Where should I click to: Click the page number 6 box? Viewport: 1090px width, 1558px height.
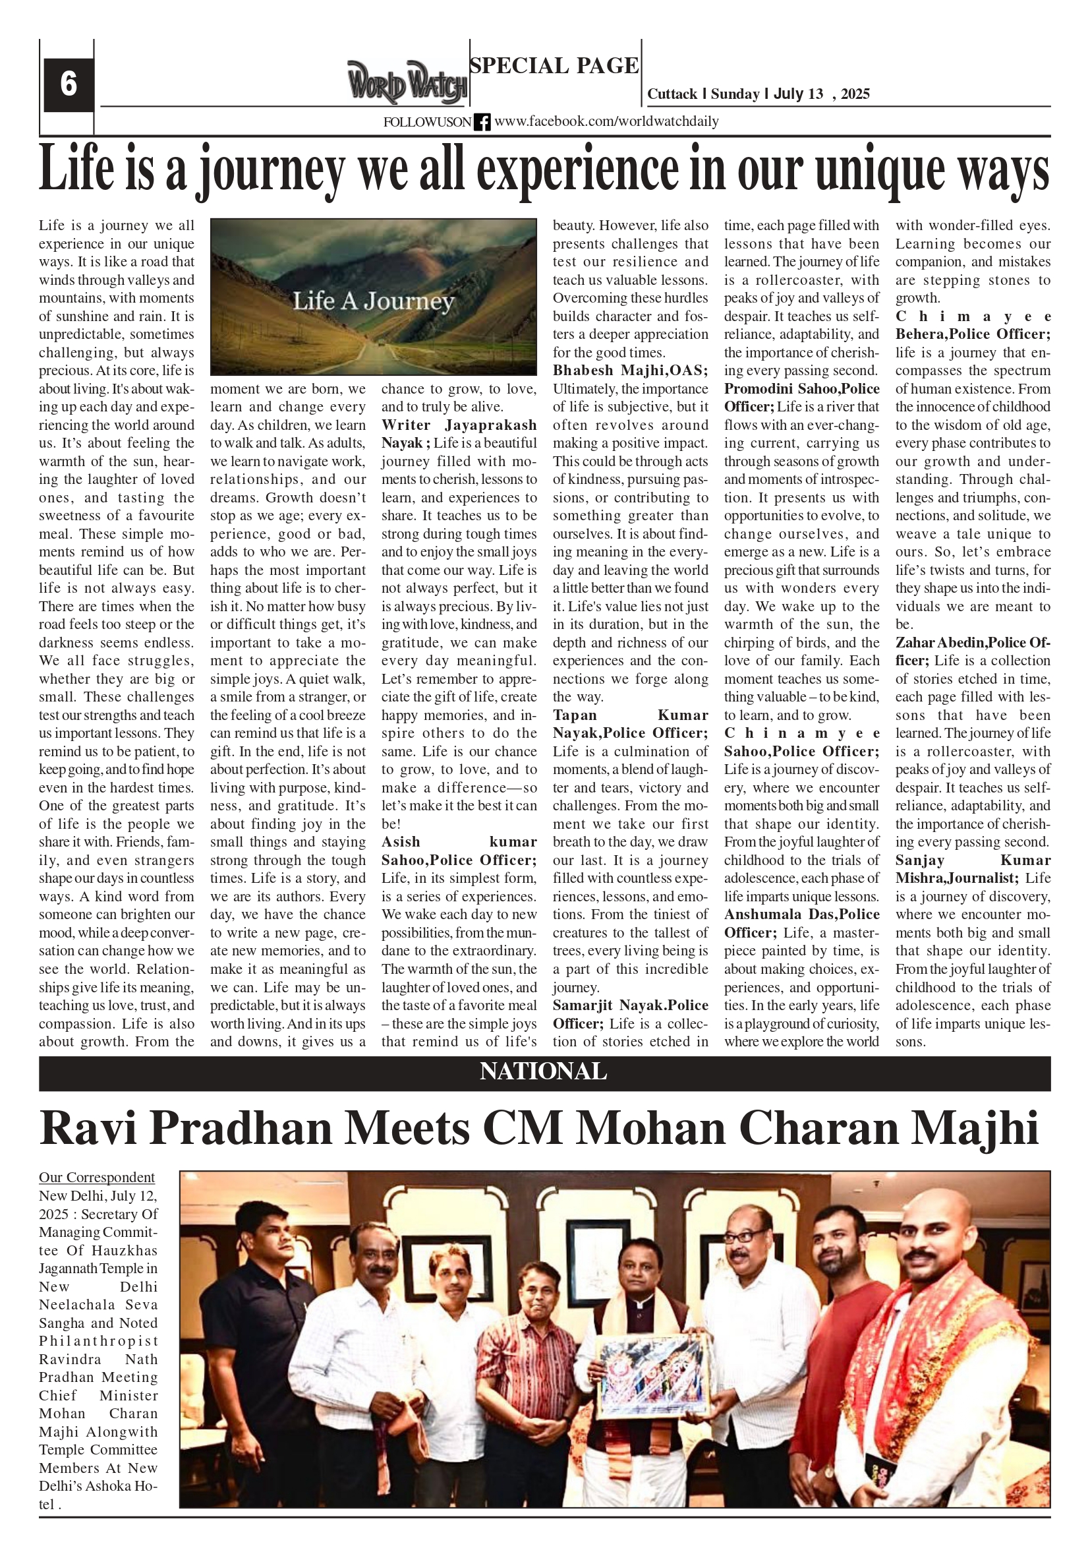click(x=68, y=85)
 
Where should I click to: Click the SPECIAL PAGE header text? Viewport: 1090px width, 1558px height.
click(x=554, y=66)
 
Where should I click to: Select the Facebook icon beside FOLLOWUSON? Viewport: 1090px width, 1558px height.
click(x=482, y=122)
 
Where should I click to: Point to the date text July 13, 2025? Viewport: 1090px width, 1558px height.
click(x=821, y=94)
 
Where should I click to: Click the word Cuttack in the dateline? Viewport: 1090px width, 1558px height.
click(x=672, y=94)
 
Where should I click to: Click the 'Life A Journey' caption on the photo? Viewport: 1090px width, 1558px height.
click(x=373, y=301)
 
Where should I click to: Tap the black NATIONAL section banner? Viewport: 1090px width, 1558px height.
click(x=544, y=1071)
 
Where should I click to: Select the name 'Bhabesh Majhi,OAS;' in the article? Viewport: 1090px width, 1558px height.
click(x=630, y=371)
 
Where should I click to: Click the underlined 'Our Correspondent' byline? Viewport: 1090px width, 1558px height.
click(x=96, y=1178)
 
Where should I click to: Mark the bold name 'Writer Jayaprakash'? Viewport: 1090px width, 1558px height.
click(x=459, y=425)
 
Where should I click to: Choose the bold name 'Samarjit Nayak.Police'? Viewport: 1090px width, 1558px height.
click(x=630, y=1005)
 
